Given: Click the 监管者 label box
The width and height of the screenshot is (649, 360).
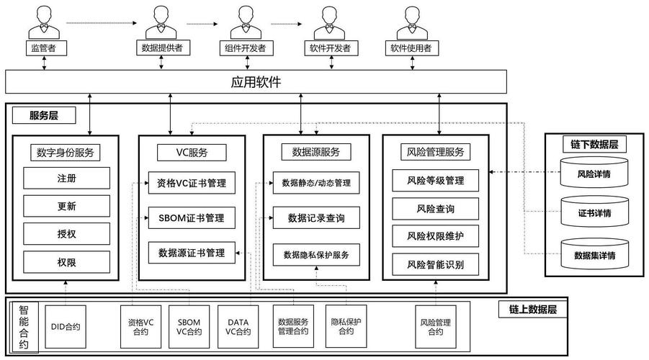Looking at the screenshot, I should [44, 48].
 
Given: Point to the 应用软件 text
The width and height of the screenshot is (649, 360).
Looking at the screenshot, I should [256, 82].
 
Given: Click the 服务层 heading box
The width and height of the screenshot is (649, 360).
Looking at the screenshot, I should [45, 115].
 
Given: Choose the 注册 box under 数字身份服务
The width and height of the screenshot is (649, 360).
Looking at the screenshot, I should [67, 177].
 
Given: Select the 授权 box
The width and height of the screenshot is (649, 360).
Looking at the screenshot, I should [67, 233].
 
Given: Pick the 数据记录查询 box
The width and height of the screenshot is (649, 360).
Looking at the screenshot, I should [316, 217].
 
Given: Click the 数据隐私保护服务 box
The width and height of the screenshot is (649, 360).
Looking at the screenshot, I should [316, 254].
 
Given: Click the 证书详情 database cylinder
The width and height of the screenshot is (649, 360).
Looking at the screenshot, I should [594, 212].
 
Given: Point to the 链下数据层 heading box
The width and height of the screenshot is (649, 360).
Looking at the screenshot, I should [594, 144].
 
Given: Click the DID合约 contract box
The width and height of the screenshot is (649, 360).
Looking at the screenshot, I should [66, 326].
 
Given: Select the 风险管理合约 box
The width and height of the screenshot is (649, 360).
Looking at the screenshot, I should [436, 326].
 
